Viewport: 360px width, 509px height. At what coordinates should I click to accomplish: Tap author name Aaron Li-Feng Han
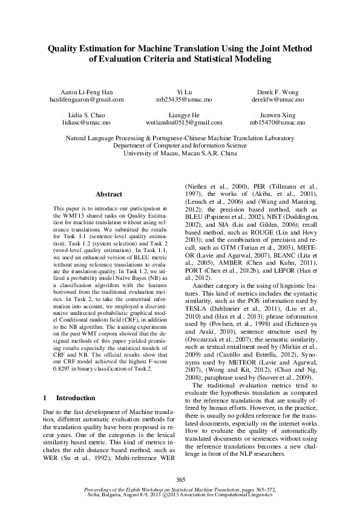(86, 91)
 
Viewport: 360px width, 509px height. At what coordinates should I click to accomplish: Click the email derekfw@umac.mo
(277, 99)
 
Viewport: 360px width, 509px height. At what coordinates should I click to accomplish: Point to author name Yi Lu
(180, 91)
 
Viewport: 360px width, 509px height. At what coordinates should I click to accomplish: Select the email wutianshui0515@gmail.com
(180, 122)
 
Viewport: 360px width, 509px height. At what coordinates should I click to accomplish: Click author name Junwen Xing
(277, 114)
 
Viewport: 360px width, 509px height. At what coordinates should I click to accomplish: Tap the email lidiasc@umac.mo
(86, 122)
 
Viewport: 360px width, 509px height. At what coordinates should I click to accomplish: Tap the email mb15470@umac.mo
(277, 122)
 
